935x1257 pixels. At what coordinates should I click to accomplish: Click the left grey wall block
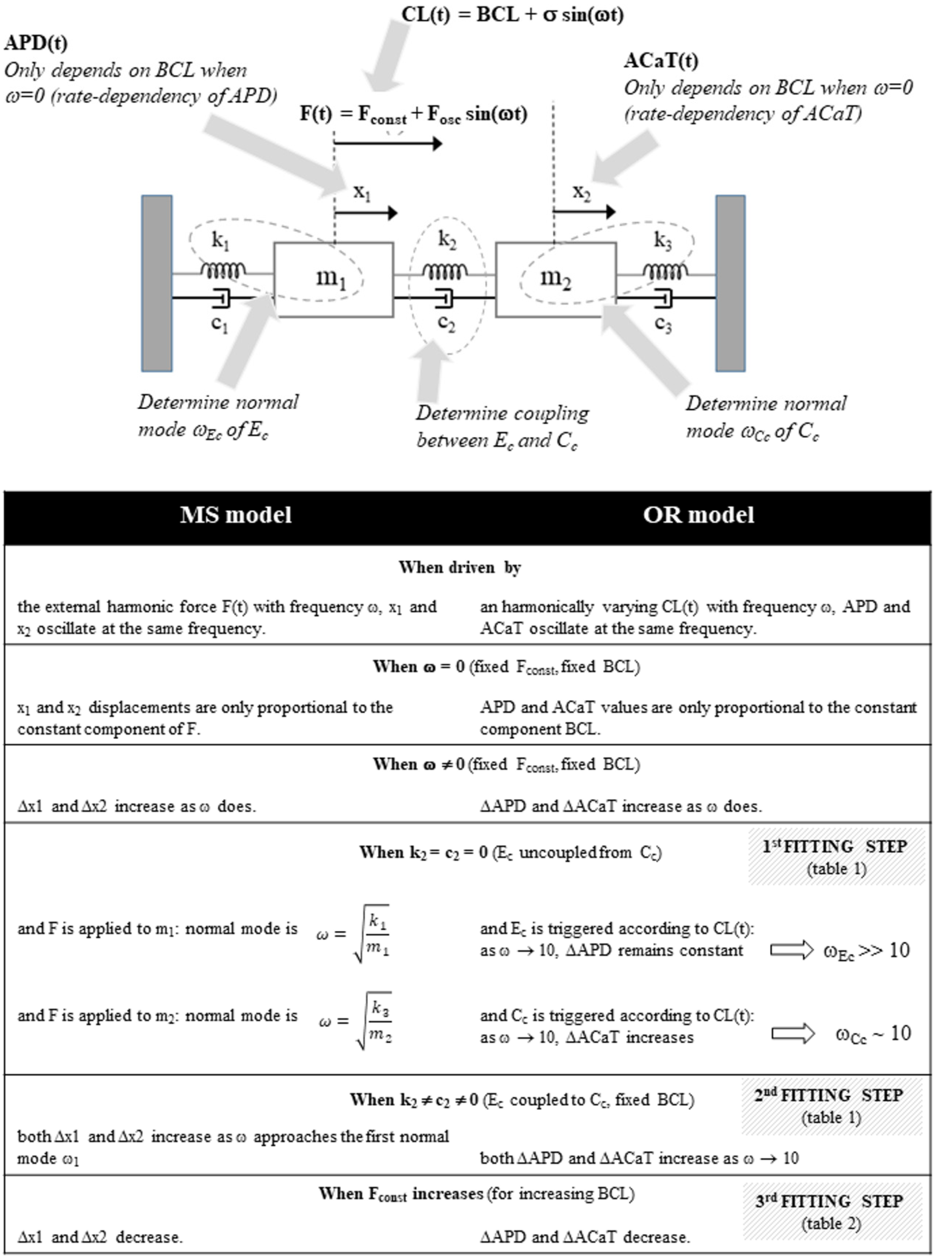click(x=157, y=283)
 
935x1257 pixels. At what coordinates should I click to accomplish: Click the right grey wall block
click(x=730, y=283)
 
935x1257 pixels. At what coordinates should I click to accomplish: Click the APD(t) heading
click(x=36, y=43)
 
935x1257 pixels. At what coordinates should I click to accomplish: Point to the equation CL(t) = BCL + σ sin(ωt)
click(x=512, y=14)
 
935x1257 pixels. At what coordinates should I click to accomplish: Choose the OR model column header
click(x=698, y=515)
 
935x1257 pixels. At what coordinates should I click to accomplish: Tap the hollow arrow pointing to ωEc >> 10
click(x=791, y=950)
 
